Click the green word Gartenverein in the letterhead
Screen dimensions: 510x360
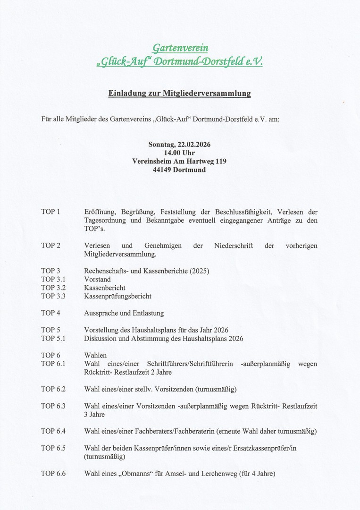[180, 48]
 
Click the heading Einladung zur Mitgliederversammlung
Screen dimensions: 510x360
[179, 93]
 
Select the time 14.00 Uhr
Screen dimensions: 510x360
[179, 153]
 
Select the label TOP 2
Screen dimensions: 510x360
[50, 246]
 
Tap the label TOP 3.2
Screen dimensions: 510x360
[53, 288]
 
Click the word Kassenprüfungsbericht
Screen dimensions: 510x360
[117, 297]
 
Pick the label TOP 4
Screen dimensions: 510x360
[50, 313]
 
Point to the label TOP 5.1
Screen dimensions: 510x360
[53, 339]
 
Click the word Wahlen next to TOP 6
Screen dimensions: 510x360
[95, 355]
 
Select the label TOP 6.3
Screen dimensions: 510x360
[53, 406]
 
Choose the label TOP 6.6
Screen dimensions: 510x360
[53, 473]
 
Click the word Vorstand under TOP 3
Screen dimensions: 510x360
[97, 279]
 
